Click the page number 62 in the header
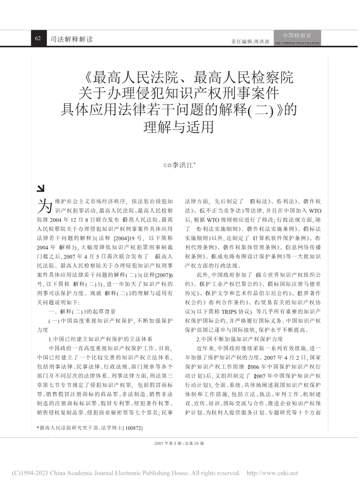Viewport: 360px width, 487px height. pyautogui.click(x=38, y=39)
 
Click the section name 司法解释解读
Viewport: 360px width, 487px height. pyautogui.click(x=71, y=39)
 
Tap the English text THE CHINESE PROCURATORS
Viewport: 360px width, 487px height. pyautogui.click(x=298, y=43)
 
